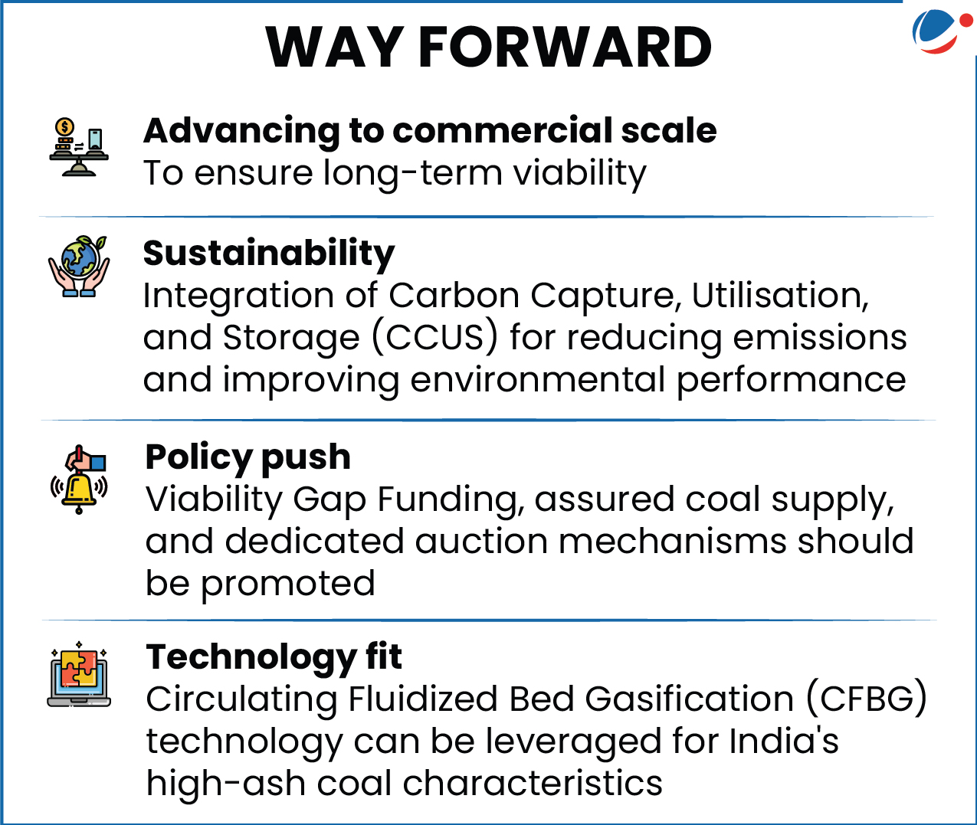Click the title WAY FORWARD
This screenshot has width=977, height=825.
point(489,47)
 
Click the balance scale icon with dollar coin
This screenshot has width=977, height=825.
point(79,146)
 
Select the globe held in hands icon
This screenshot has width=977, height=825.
point(79,266)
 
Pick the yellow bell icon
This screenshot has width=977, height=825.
point(79,480)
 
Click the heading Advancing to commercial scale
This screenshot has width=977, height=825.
point(430,131)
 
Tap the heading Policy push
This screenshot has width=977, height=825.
point(248,457)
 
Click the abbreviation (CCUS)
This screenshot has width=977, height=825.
point(434,337)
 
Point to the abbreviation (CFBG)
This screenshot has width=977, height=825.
point(867,699)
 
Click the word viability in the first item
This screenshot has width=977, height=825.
point(580,174)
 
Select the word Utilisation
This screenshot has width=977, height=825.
point(780,296)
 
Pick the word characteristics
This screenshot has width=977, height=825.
point(533,784)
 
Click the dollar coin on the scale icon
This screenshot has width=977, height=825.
point(64,126)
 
